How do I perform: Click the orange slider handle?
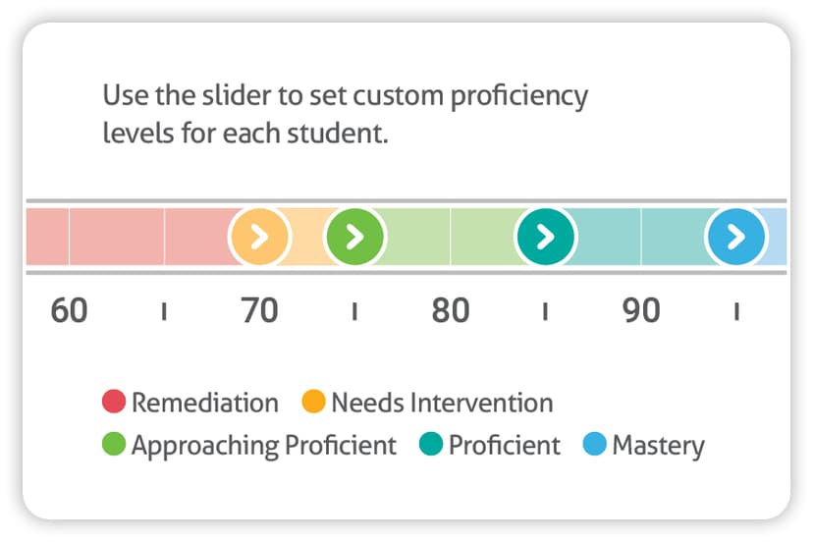pos(259,237)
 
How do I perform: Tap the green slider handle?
pos(355,237)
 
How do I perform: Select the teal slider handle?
pos(546,237)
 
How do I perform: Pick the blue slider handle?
pos(736,237)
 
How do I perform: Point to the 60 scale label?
pos(69,310)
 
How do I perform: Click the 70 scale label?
pos(259,310)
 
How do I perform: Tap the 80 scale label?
pos(451,310)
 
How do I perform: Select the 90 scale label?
pos(641,310)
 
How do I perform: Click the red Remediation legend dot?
pos(114,402)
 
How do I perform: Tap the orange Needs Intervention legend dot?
pos(313,402)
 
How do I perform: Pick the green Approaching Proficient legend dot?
pos(114,444)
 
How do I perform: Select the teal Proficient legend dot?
pos(431,444)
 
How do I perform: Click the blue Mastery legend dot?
pos(595,444)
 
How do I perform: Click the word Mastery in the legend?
pos(659,446)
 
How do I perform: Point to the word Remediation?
pos(205,403)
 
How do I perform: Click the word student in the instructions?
pos(338,134)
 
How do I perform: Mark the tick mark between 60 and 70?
pos(164,311)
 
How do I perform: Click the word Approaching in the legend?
pos(205,446)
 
